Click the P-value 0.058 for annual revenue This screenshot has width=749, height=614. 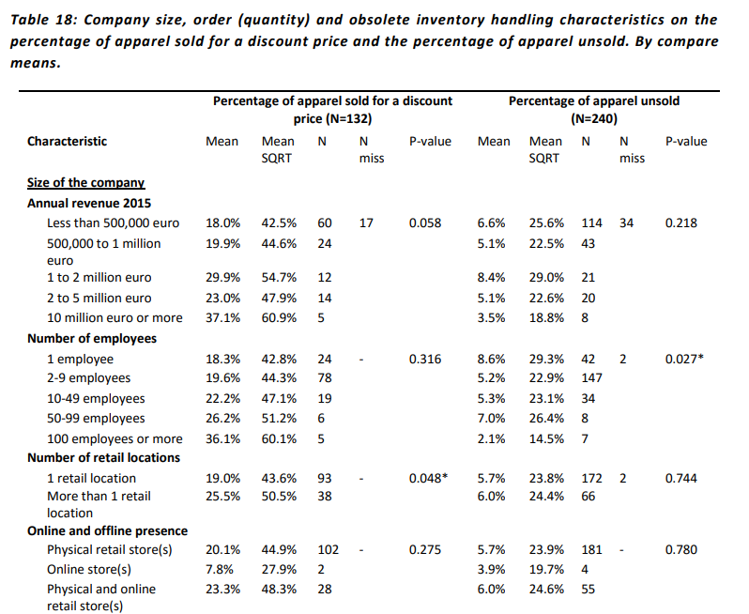pyautogui.click(x=425, y=223)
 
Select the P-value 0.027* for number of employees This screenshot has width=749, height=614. pyautogui.click(x=684, y=359)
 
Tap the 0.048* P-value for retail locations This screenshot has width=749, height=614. pyautogui.click(x=428, y=478)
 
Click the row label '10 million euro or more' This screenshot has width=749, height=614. pyautogui.click(x=115, y=317)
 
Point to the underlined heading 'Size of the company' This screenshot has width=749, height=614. pyautogui.click(x=86, y=182)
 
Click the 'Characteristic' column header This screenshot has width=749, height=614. pyautogui.click(x=67, y=142)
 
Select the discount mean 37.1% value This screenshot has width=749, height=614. pyautogui.click(x=223, y=317)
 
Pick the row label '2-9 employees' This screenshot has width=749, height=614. pyautogui.click(x=88, y=378)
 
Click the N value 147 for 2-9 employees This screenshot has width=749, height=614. pyautogui.click(x=592, y=378)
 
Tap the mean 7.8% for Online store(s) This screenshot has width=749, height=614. pyautogui.click(x=220, y=570)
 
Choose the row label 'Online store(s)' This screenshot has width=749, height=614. pyautogui.click(x=89, y=570)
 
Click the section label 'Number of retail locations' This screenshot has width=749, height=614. pyautogui.click(x=103, y=458)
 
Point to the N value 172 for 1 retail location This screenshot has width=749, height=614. pyautogui.click(x=592, y=478)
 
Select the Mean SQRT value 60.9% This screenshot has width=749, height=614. pyautogui.click(x=279, y=317)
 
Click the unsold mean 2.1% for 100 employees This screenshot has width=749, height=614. pyautogui.click(x=491, y=438)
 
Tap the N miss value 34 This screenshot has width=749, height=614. pyautogui.click(x=627, y=223)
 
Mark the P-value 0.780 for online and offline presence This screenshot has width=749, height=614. pyautogui.click(x=681, y=549)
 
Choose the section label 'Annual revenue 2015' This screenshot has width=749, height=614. pyautogui.click(x=89, y=203)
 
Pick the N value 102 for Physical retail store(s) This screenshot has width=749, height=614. pyautogui.click(x=329, y=549)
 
